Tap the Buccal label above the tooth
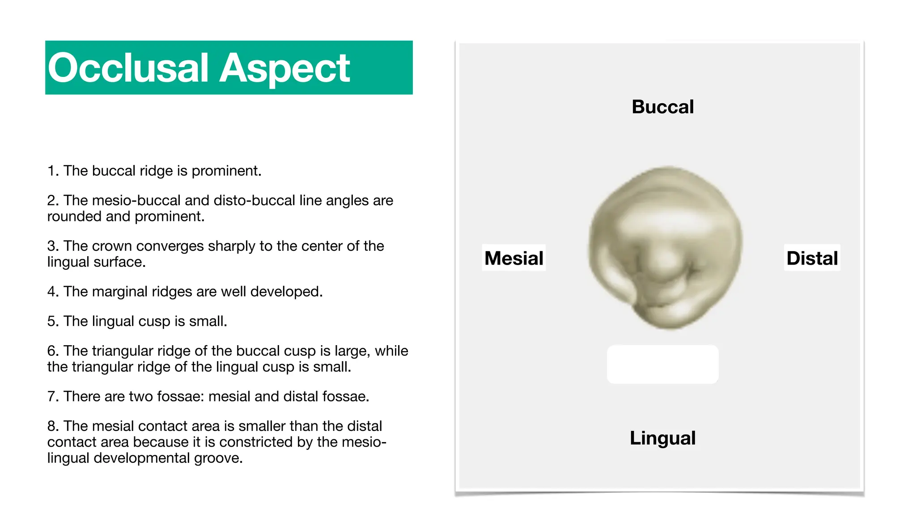[x=662, y=107]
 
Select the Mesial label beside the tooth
[x=513, y=258]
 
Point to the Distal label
[x=812, y=258]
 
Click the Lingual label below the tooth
[x=662, y=438]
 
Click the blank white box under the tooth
[x=662, y=364]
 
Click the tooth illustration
[x=665, y=248]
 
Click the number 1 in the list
[x=51, y=171]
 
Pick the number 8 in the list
[x=51, y=426]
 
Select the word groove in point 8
[x=222, y=458]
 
